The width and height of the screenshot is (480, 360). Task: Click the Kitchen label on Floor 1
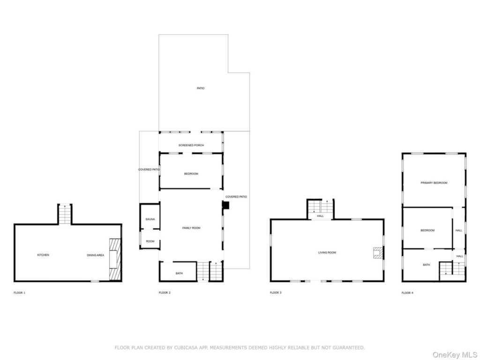(43, 255)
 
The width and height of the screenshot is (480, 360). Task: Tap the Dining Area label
(96, 255)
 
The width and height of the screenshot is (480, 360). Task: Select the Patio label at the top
(201, 88)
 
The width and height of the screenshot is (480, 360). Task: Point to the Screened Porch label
(191, 145)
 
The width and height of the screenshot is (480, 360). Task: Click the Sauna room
(150, 216)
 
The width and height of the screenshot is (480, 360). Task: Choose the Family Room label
(191, 228)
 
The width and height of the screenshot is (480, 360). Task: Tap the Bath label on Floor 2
(179, 273)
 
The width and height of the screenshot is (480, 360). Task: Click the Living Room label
(327, 253)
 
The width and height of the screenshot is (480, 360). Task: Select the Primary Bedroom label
(434, 183)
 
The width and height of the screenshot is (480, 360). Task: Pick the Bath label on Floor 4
(427, 265)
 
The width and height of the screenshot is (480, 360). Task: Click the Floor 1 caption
(19, 292)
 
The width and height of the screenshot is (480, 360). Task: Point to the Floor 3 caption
(276, 292)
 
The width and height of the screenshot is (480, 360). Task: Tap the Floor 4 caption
(407, 293)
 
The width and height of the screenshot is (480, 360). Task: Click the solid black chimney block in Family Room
(225, 205)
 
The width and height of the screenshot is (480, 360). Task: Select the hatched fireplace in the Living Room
(378, 253)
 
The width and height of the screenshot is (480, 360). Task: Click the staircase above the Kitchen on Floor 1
(65, 214)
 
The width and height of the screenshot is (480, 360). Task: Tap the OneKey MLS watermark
(454, 355)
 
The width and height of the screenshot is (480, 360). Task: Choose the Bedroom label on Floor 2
(191, 173)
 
